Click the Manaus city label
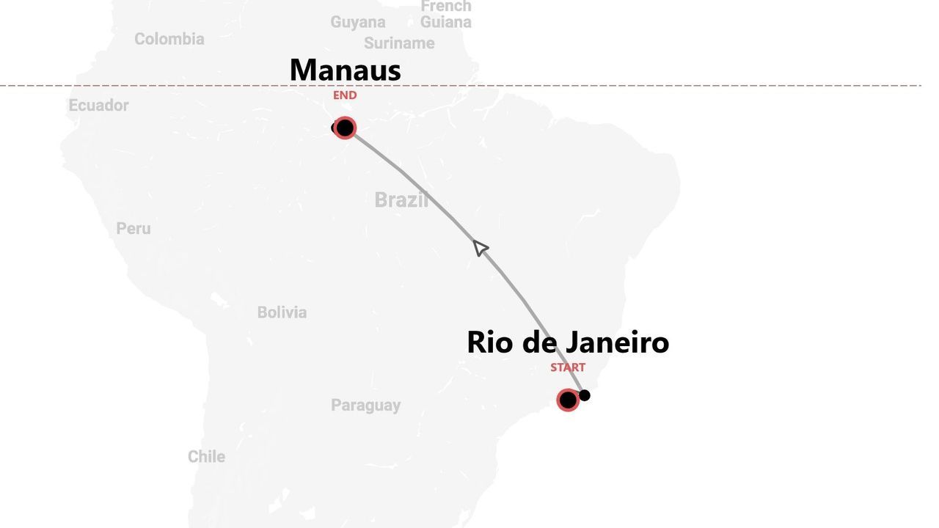pos(345,70)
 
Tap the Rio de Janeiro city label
pos(567,342)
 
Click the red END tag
pos(345,95)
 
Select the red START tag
pos(568,367)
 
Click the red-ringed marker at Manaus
pos(345,128)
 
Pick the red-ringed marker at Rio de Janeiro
pos(568,400)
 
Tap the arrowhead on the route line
pos(480,248)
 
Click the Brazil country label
pos(401,199)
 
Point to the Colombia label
pos(169,39)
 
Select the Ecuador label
pos(98,106)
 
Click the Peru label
pos(134,229)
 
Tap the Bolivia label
pos(282,312)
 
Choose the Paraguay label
pos(365,405)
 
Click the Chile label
pos(206,456)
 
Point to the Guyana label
pos(357,22)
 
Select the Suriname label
pos(399,43)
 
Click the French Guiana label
pos(445,14)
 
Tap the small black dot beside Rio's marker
pos(585,395)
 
